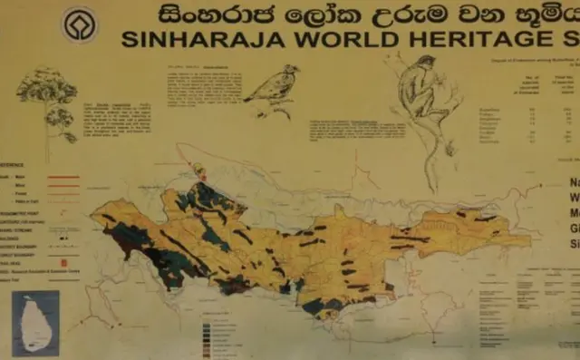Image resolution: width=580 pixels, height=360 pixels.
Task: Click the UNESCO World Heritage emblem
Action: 79,24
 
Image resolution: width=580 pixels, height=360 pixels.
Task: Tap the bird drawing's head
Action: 291,69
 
